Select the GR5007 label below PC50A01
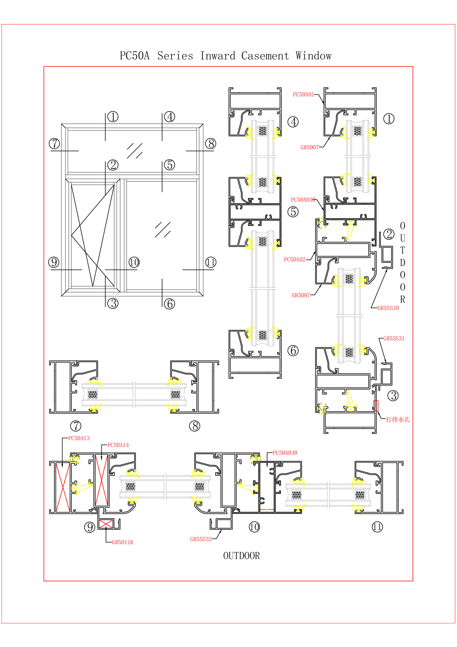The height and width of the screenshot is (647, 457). tap(310, 147)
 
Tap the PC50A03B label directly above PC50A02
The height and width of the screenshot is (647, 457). tap(303, 200)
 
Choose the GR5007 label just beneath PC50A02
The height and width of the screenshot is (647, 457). tap(301, 295)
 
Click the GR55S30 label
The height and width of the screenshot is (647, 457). tap(388, 308)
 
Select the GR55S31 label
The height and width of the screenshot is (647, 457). tap(394, 338)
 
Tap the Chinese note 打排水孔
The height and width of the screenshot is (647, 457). tap(398, 420)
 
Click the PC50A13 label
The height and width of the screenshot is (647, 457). tap(79, 438)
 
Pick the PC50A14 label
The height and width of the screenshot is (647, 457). tap(118, 445)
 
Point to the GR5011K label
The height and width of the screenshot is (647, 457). tap(122, 542)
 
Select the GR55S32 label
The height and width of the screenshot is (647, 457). tap(201, 539)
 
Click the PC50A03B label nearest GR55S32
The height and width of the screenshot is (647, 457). tap(285, 453)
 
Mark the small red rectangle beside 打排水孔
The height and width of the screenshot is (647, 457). tap(376, 406)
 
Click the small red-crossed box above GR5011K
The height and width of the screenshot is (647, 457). tap(106, 524)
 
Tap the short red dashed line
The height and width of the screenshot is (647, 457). tap(267, 509)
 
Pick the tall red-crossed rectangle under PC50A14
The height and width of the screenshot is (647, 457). tap(101, 480)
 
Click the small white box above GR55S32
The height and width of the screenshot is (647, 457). tap(224, 524)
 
